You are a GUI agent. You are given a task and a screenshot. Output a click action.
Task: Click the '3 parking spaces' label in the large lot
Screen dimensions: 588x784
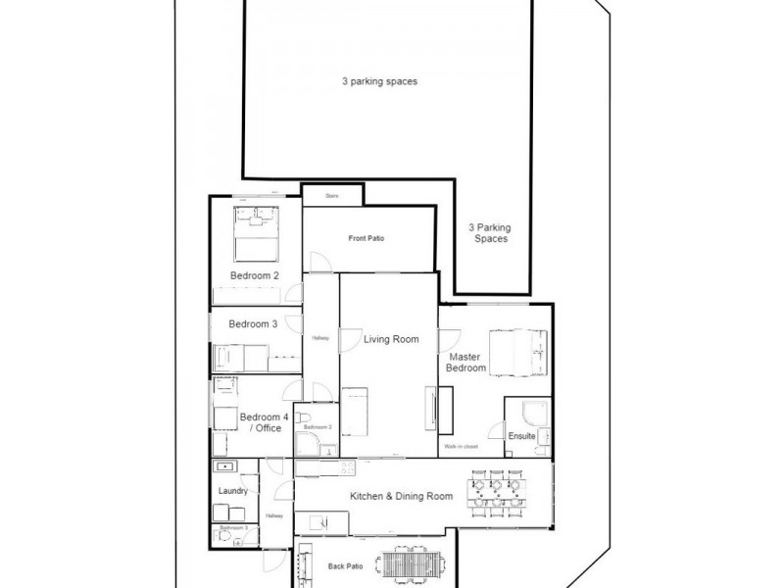(380, 82)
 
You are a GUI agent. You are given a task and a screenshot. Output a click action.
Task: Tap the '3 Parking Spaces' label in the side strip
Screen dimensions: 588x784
(489, 232)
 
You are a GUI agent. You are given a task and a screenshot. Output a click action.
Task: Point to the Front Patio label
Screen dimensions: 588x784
(365, 238)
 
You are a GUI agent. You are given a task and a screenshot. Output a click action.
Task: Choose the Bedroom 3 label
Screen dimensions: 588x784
(254, 324)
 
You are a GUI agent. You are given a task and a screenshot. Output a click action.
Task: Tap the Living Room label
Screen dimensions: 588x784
(391, 340)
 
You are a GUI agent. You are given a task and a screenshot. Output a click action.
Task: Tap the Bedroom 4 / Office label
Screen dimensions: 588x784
(265, 422)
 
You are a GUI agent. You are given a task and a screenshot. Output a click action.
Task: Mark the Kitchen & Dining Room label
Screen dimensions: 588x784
(401, 497)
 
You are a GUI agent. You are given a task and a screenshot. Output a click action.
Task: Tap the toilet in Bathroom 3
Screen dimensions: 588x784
(226, 536)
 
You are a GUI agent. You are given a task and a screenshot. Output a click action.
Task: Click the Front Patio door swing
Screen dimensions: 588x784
(319, 261)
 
